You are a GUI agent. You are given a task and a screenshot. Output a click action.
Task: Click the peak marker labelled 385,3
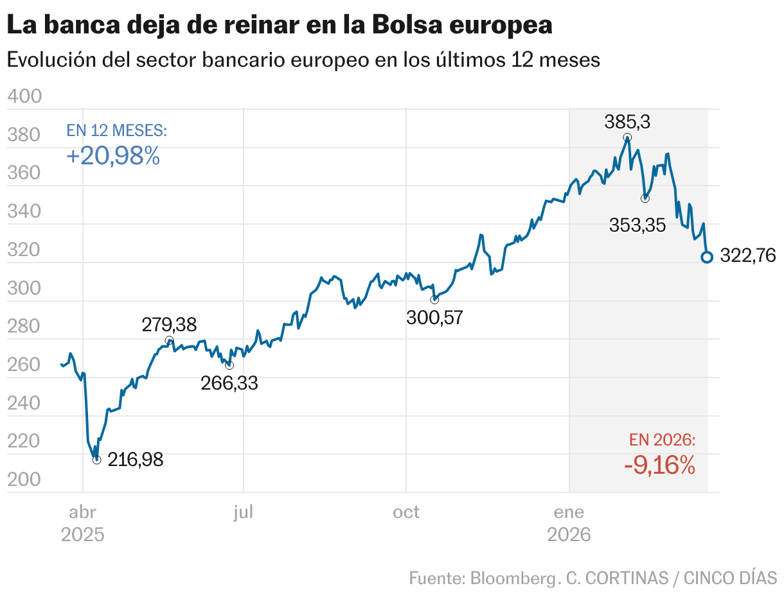pos(627,137)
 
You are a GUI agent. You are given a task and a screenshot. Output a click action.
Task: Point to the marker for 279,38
pos(169,340)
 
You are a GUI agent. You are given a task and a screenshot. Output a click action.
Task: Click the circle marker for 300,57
pos(434,300)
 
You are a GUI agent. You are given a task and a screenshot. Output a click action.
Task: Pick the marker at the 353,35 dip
pos(645,198)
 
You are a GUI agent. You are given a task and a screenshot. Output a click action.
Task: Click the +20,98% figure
pos(113,156)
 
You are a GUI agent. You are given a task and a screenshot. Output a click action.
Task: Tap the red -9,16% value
pos(659,465)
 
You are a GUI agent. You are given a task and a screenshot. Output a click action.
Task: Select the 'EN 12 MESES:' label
pos(117,131)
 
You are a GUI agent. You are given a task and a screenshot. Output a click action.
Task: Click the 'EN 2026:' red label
pos(663,440)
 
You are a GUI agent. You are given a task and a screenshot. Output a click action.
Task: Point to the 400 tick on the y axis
pos(25,97)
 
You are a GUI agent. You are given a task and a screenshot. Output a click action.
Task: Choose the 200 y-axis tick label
pos(25,480)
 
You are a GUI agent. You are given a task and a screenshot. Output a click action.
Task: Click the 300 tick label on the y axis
pos(25,289)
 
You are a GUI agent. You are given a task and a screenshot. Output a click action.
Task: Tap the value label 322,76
pos(748,256)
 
